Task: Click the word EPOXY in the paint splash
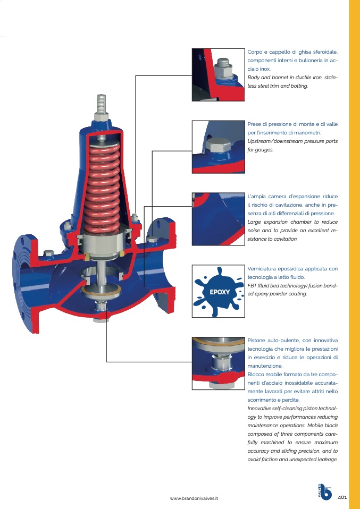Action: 220,292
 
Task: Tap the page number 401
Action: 342,497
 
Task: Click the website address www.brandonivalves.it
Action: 194,498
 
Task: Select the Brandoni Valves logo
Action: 324,492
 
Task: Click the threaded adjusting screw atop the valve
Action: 102,104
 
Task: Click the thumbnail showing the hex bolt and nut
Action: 219,75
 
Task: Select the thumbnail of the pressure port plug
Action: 219,147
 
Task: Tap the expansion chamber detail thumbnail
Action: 219,219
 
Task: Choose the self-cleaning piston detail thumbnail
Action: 219,363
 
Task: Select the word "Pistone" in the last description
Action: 256,341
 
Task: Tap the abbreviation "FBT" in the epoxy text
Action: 252,286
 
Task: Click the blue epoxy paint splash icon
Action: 219,292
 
